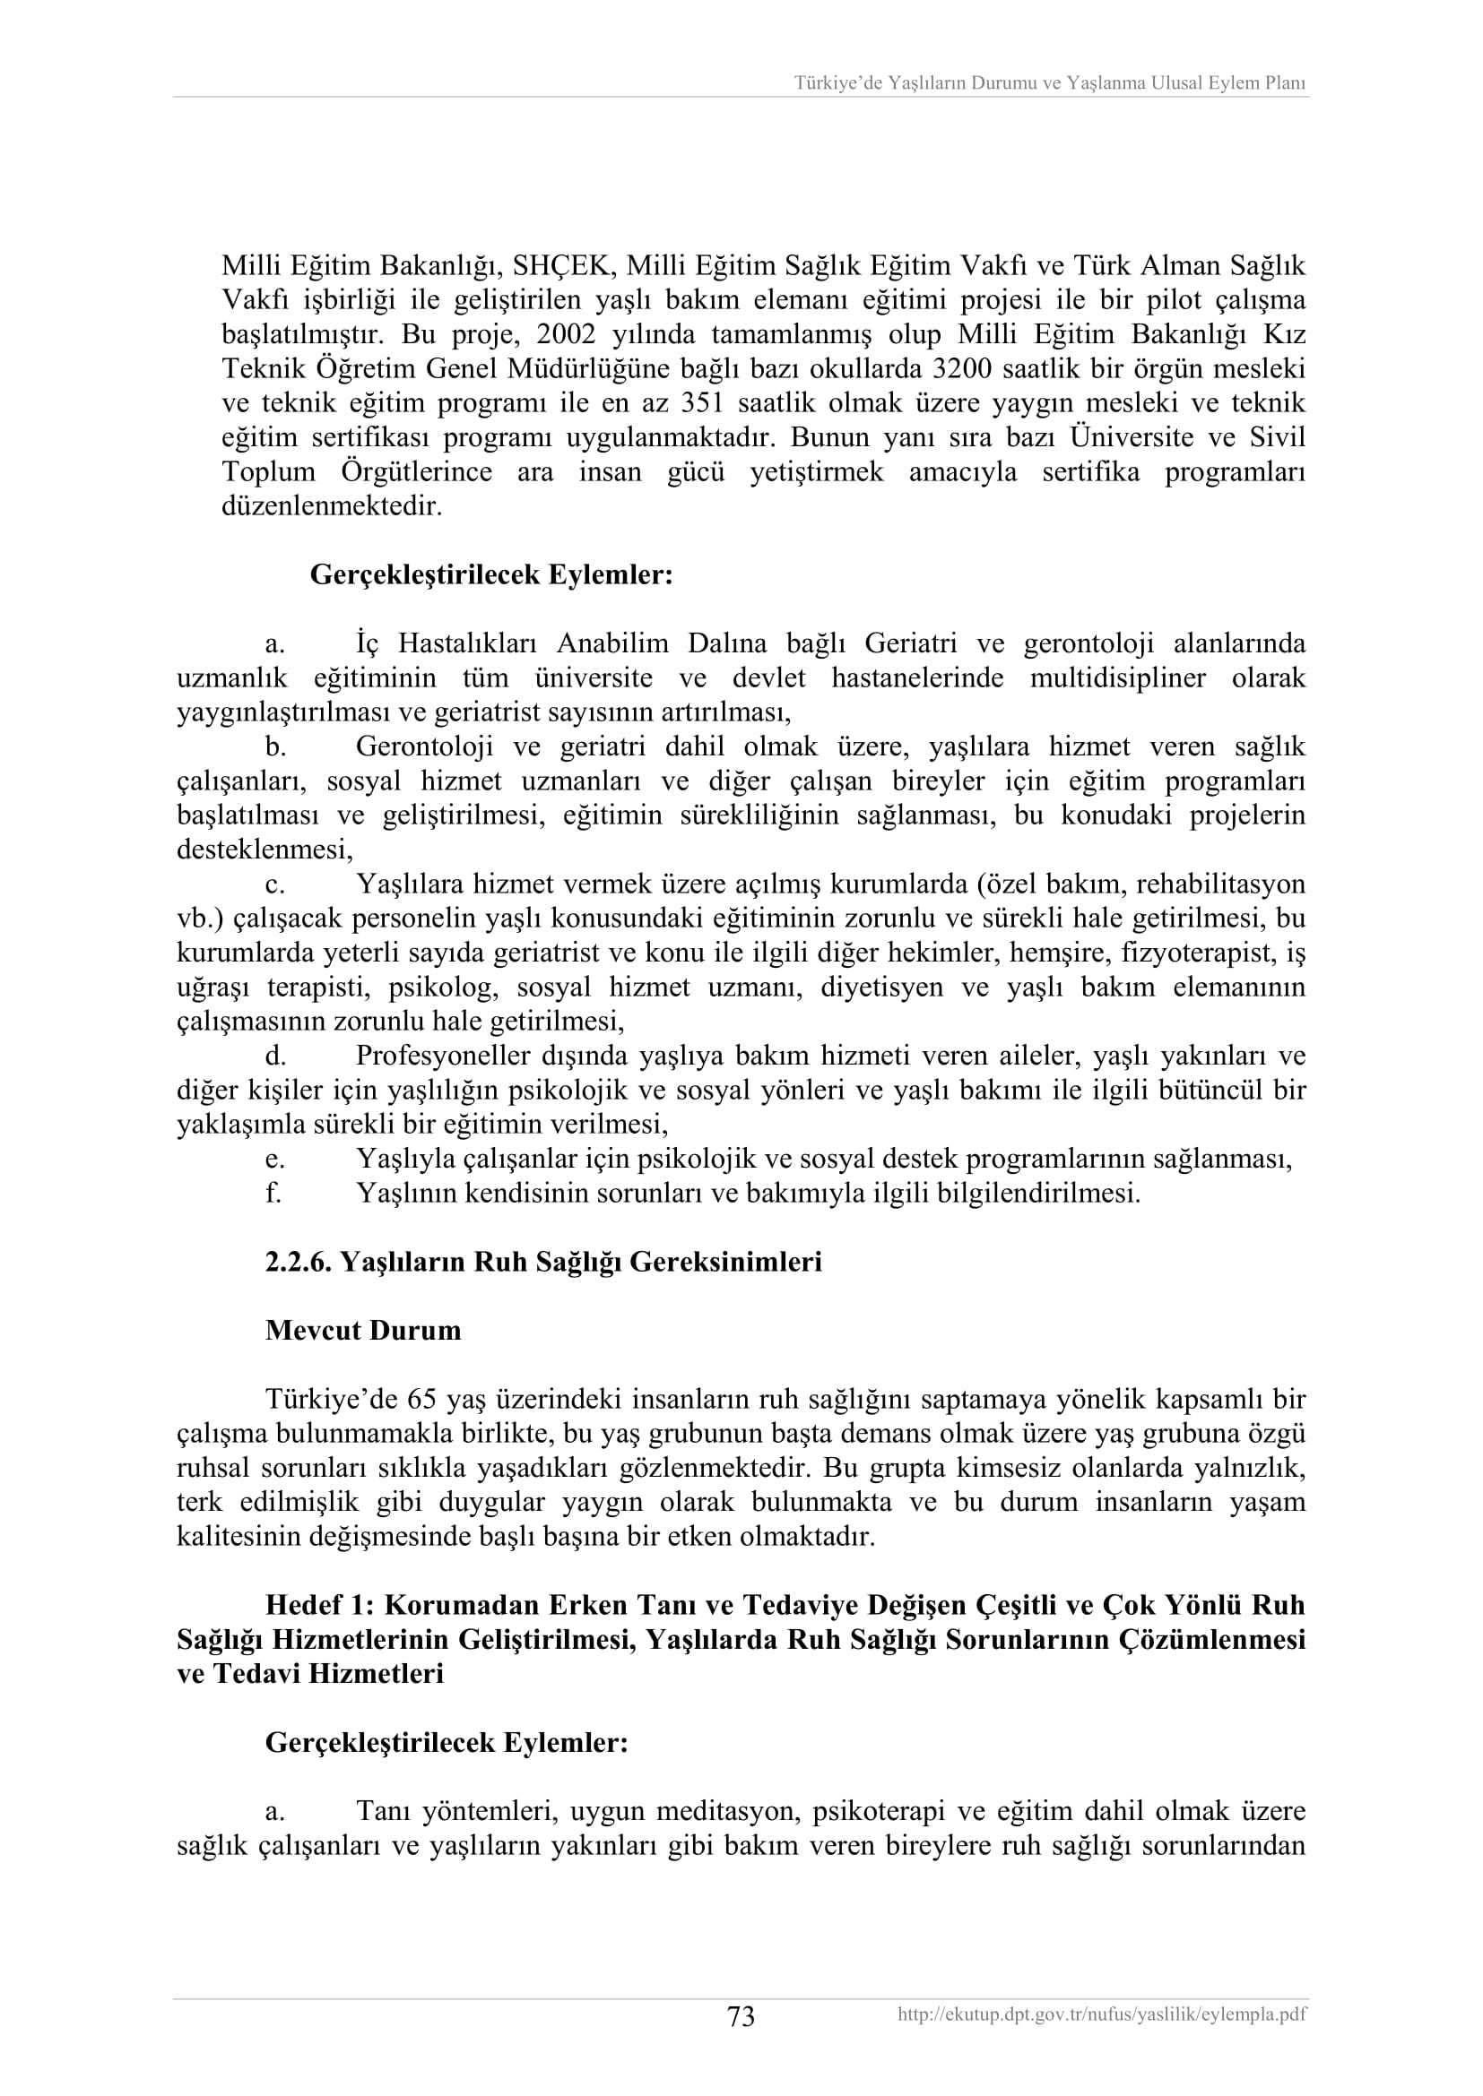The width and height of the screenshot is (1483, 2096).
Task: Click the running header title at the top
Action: click(x=1049, y=83)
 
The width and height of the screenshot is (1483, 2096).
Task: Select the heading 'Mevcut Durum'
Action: click(x=362, y=1330)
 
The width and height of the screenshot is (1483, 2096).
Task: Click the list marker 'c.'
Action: click(x=274, y=884)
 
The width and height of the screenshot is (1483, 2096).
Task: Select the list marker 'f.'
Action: click(x=273, y=1193)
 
